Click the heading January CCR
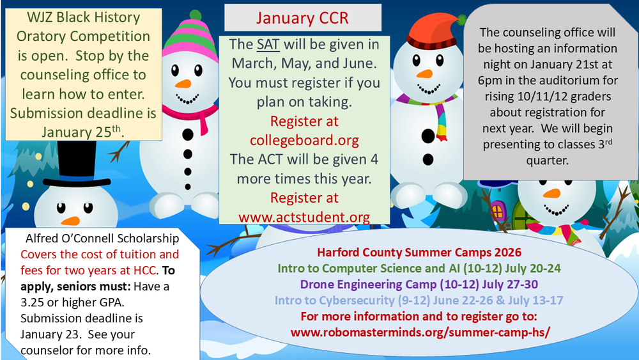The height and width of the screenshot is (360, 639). click(x=302, y=17)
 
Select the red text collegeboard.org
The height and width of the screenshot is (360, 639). click(x=305, y=140)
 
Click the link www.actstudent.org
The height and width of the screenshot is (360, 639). click(x=304, y=217)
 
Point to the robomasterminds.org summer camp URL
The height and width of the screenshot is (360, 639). click(x=420, y=333)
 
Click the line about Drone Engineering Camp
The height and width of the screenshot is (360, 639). click(x=419, y=284)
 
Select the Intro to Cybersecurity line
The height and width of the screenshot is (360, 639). click(x=419, y=300)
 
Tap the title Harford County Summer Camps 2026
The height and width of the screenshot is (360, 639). click(x=419, y=252)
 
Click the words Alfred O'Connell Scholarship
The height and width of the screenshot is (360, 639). click(x=102, y=239)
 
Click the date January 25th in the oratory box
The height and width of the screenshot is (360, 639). click(x=82, y=132)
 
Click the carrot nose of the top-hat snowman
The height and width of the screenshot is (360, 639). click(x=70, y=221)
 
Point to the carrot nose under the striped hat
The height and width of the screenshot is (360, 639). click(x=183, y=84)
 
